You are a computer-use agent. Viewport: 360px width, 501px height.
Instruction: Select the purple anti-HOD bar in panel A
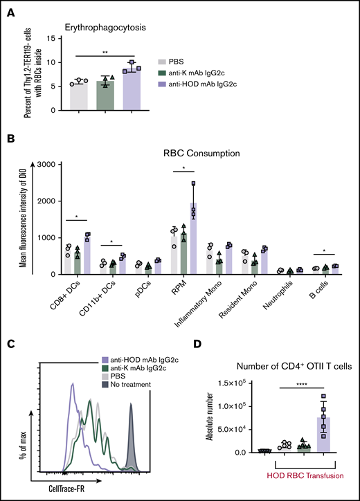click(x=130, y=89)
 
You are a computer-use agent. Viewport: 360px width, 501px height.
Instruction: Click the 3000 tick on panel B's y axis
click(x=48, y=165)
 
